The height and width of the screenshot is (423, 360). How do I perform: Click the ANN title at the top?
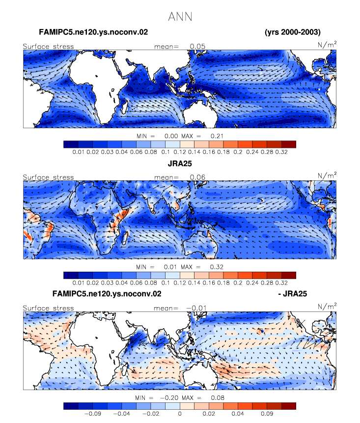[180, 17]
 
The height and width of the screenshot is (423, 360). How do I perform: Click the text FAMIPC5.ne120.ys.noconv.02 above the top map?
[93, 32]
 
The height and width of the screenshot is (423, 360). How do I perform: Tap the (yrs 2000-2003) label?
[293, 32]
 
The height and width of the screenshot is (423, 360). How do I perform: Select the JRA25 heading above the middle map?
[180, 164]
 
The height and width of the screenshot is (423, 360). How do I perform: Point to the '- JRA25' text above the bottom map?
[293, 293]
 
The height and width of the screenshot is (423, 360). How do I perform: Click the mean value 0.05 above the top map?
[197, 46]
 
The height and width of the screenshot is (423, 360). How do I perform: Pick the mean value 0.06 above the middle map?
[197, 177]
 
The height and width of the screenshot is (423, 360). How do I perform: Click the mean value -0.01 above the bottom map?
[196, 308]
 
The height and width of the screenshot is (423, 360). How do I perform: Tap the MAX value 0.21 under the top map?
[217, 136]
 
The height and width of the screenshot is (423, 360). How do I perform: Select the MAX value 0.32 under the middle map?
[217, 267]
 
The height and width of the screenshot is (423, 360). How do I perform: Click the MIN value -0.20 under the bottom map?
[169, 397]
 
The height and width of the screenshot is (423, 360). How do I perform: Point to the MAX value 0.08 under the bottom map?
[218, 397]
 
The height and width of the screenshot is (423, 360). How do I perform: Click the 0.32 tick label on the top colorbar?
[281, 152]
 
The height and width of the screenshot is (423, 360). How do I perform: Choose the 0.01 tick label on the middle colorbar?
[78, 282]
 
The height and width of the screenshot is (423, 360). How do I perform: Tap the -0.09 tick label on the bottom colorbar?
[93, 414]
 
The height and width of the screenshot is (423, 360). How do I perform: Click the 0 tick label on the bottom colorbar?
[180, 414]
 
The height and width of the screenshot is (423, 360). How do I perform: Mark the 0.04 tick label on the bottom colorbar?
[238, 414]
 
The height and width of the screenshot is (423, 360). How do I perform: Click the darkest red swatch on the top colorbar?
[288, 144]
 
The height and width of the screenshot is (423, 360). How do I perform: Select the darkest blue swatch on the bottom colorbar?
[71, 406]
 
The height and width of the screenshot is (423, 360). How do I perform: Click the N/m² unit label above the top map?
[327, 45]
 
